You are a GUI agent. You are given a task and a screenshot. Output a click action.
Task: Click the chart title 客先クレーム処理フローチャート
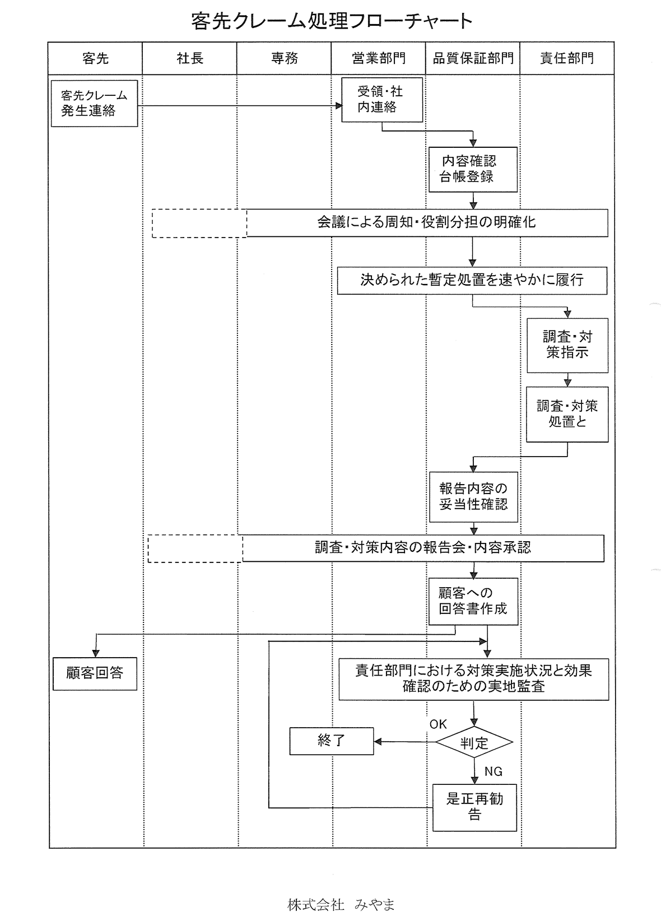(x=332, y=21)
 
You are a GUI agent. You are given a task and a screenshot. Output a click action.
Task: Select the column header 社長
(x=190, y=58)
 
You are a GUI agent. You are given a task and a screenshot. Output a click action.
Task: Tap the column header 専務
(x=284, y=58)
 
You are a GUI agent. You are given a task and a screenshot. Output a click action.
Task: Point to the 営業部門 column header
(x=379, y=58)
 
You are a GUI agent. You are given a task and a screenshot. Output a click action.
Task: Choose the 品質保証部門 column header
(x=473, y=58)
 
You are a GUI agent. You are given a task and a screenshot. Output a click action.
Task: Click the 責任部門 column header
(x=567, y=58)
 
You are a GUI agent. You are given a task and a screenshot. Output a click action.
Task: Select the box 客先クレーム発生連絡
(x=94, y=104)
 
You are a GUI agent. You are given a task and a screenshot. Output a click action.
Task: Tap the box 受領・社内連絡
(x=382, y=100)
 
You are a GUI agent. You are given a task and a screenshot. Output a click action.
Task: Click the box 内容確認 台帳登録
(x=473, y=169)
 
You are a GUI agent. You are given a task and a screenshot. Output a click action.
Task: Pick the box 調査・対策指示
(x=567, y=345)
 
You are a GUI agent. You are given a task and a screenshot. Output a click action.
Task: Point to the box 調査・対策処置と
(x=567, y=414)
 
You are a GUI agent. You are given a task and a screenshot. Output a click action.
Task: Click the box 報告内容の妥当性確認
(x=473, y=496)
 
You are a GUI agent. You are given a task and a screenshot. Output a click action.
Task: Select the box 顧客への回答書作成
(x=473, y=601)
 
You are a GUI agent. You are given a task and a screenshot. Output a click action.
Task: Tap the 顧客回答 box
(x=95, y=673)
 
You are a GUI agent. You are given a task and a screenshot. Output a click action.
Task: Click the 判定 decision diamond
(x=474, y=743)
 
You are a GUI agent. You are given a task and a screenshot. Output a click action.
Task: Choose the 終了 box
(x=332, y=741)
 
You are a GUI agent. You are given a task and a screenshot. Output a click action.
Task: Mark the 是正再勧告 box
(x=474, y=807)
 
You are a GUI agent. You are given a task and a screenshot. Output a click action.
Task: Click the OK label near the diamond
(x=438, y=724)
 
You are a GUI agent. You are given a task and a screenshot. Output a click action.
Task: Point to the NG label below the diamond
(x=493, y=771)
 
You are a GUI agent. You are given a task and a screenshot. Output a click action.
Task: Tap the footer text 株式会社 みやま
(x=341, y=905)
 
